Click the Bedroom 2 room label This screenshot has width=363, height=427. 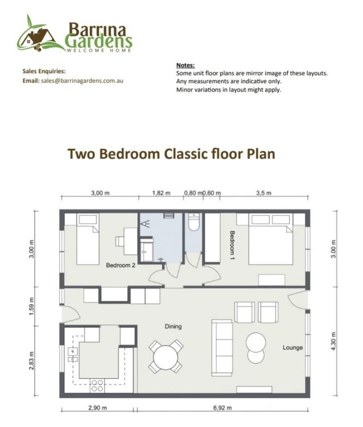[x=120, y=265]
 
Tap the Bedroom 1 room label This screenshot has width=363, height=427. [x=232, y=245]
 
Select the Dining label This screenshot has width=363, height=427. [x=173, y=326]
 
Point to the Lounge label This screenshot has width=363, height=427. [x=293, y=348]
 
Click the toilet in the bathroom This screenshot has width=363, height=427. [x=194, y=222]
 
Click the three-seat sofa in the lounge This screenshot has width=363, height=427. [x=222, y=348]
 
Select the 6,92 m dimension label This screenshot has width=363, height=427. [x=222, y=408]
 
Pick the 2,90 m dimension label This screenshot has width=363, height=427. [x=98, y=408]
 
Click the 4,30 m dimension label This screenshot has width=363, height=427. [x=334, y=341]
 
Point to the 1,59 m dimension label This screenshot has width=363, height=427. [x=32, y=306]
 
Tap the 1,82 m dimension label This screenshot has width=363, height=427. [x=162, y=193]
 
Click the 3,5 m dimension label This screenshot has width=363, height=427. [x=264, y=193]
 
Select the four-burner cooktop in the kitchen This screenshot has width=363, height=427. [x=97, y=386]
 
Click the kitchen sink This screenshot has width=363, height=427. [x=73, y=354]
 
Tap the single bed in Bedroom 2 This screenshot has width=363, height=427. [x=88, y=239]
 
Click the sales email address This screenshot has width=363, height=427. [x=82, y=81]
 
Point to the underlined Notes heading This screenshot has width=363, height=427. [x=185, y=65]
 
